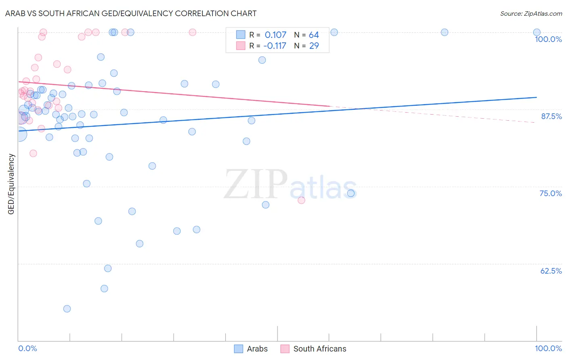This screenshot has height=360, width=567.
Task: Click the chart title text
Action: [x=131, y=13]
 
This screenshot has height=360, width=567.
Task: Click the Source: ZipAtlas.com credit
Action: [x=531, y=14]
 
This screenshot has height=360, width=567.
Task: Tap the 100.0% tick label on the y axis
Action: [x=548, y=39]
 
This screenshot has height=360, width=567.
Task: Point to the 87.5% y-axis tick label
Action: [x=551, y=116]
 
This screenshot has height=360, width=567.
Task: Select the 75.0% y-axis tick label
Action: [x=550, y=193]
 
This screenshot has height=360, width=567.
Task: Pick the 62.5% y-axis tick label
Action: [x=551, y=271]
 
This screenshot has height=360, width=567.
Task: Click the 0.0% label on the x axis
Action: [x=27, y=348]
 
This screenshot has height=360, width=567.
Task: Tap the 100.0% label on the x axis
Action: [x=548, y=348]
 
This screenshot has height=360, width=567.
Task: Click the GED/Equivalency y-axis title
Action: [x=11, y=184]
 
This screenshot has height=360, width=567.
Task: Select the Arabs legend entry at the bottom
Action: [x=251, y=349]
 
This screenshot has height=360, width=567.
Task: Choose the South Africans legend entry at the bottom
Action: [x=313, y=349]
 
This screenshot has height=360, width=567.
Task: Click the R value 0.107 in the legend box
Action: [x=275, y=35]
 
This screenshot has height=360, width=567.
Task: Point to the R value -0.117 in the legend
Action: [x=275, y=46]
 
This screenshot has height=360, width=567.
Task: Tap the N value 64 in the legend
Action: [x=314, y=35]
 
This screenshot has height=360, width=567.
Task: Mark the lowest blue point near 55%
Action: [x=67, y=309]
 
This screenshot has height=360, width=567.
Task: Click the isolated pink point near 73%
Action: [x=301, y=200]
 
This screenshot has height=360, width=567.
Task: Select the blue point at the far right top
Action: [x=537, y=32]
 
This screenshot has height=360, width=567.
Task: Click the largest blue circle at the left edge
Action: [x=19, y=134]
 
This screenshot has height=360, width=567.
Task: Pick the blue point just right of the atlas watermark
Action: [x=351, y=193]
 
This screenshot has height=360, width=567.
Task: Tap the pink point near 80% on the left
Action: [x=33, y=153]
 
